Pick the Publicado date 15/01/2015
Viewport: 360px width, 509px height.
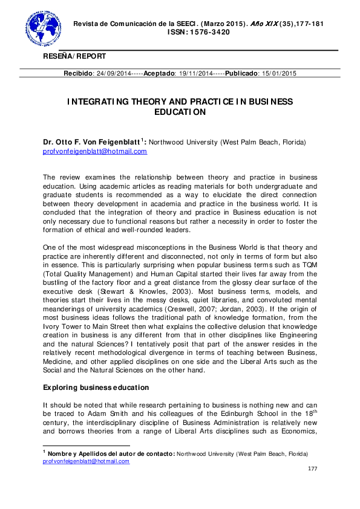pyautogui.click(x=278, y=73)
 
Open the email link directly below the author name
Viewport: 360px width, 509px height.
pyautogui.click(x=95, y=151)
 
